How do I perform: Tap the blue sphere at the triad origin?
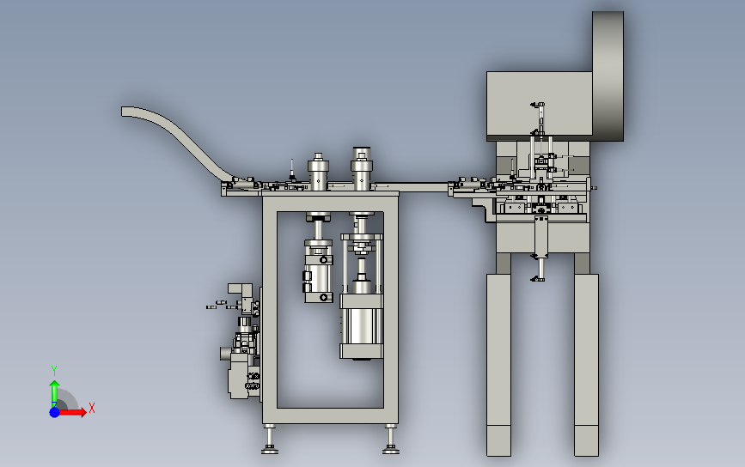coord(55,412)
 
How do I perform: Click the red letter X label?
coord(92,408)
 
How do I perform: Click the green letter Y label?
coord(54,371)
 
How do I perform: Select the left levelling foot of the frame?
coord(270,440)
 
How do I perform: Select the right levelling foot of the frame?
coord(391,440)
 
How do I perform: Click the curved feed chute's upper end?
coord(127,112)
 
